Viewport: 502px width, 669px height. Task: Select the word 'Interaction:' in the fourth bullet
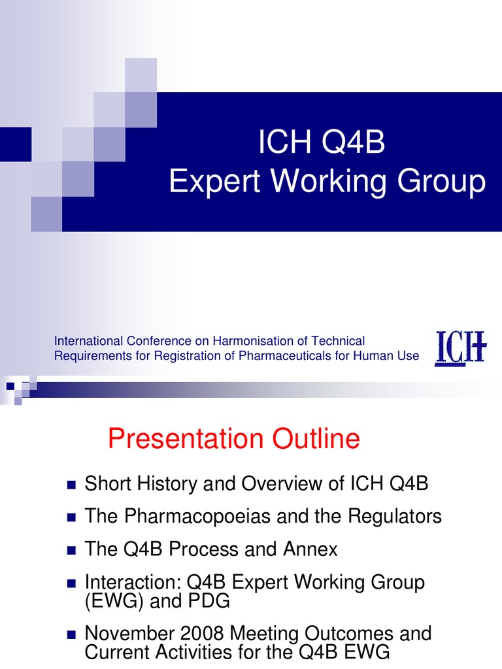[x=133, y=581]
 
